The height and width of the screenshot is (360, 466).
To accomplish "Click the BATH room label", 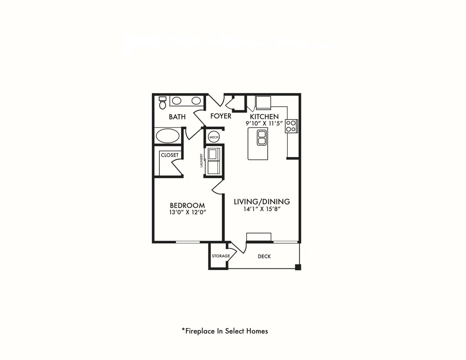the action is pyautogui.click(x=177, y=117).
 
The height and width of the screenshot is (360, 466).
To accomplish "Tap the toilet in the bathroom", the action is pyautogui.click(x=162, y=102).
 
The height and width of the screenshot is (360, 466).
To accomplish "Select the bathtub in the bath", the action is pyautogui.click(x=167, y=136).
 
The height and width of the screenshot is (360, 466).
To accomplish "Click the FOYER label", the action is pyautogui.click(x=221, y=117).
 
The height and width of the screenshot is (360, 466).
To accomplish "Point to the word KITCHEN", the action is pyautogui.click(x=264, y=117).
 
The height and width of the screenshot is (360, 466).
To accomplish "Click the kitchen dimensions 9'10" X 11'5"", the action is pyautogui.click(x=264, y=123).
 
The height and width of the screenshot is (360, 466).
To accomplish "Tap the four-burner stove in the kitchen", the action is pyautogui.click(x=291, y=126).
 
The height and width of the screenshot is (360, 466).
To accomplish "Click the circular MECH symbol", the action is pyautogui.click(x=213, y=137).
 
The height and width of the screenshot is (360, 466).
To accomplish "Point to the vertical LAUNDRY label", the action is pyautogui.click(x=201, y=160).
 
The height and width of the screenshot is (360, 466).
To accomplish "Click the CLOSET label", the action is pyautogui.click(x=170, y=155).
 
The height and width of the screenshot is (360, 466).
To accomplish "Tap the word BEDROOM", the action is pyautogui.click(x=187, y=205).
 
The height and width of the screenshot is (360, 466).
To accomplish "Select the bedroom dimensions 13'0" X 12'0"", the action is pyautogui.click(x=187, y=213).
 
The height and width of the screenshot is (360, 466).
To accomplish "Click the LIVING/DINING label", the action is pyautogui.click(x=262, y=202).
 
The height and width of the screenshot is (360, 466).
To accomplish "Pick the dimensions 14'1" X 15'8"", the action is pyautogui.click(x=262, y=209).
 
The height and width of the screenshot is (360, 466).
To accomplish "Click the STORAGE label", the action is pyautogui.click(x=221, y=256).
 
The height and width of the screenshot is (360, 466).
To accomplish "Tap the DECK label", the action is pyautogui.click(x=264, y=257).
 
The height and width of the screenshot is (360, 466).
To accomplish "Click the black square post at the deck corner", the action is pyautogui.click(x=298, y=267).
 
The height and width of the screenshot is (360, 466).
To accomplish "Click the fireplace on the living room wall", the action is pyautogui.click(x=259, y=237).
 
